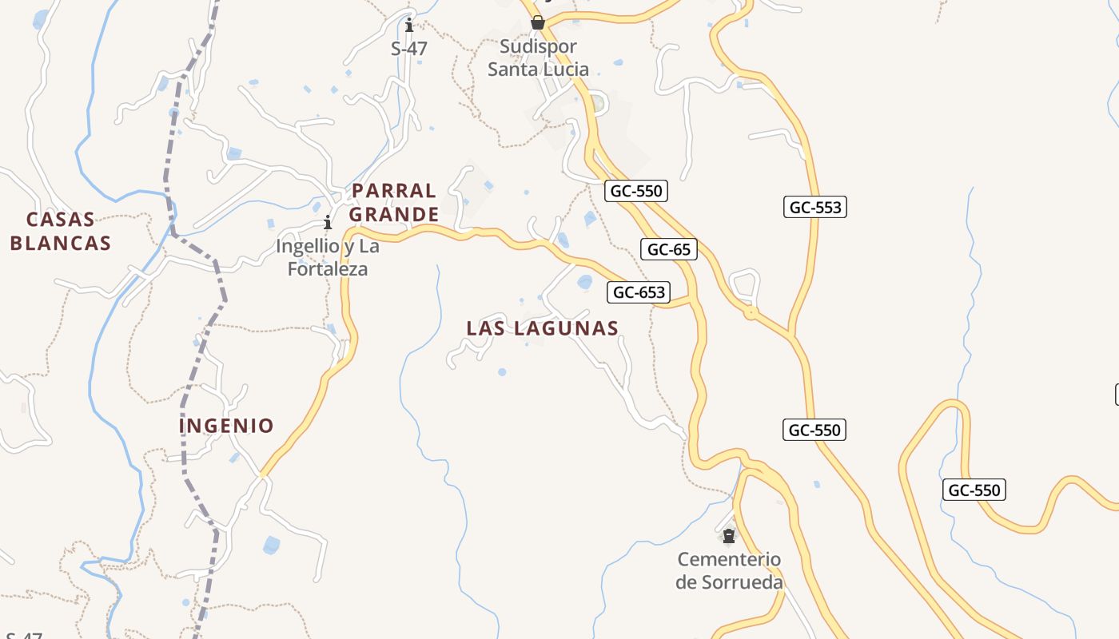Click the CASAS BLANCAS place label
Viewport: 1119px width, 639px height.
pos(60,231)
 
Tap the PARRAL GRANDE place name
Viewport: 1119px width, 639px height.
pos(394,202)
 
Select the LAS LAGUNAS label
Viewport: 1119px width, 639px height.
pos(542,327)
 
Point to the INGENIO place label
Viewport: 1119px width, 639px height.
pos(226,425)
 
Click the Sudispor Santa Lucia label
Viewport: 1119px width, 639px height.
pos(538,58)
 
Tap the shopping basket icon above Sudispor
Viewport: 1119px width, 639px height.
pos(538,22)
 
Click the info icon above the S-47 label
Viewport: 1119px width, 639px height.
pos(409,25)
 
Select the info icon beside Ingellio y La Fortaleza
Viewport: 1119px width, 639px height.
pos(327,222)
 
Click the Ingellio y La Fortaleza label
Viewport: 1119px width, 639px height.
pos(328,257)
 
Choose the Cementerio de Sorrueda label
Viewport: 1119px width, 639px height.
pos(729,570)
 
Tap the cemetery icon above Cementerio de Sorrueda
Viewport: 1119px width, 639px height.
pos(728,535)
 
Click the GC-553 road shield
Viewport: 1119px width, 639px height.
pos(815,208)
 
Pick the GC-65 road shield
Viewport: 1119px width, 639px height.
pos(669,249)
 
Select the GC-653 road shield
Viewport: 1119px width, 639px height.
pos(639,292)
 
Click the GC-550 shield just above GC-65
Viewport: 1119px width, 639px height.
pos(636,191)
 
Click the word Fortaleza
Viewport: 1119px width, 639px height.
pos(328,269)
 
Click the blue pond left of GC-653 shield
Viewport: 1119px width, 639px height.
pos(585,282)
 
